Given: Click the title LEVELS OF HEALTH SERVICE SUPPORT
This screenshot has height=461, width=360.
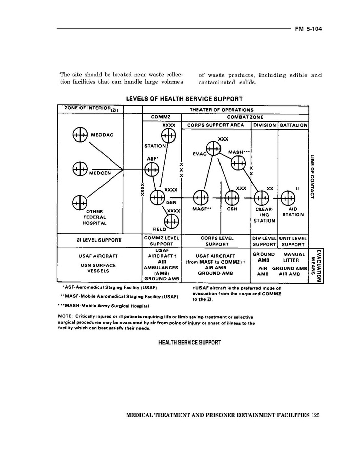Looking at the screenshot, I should click(184, 98).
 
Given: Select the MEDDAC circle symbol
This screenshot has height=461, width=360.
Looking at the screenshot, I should click(81, 135).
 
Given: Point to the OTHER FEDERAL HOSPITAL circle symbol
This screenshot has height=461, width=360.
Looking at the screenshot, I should click(79, 202).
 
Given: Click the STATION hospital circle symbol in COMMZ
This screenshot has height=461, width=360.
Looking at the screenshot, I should click(168, 135).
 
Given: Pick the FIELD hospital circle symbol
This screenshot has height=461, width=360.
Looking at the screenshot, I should click(172, 222).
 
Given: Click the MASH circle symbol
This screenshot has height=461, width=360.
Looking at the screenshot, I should click(238, 163).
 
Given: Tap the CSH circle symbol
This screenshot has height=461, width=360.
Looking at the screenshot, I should click(231, 197).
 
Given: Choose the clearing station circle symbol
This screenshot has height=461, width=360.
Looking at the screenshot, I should click(262, 197).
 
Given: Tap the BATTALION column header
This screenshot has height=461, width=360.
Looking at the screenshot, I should click(293, 125).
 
